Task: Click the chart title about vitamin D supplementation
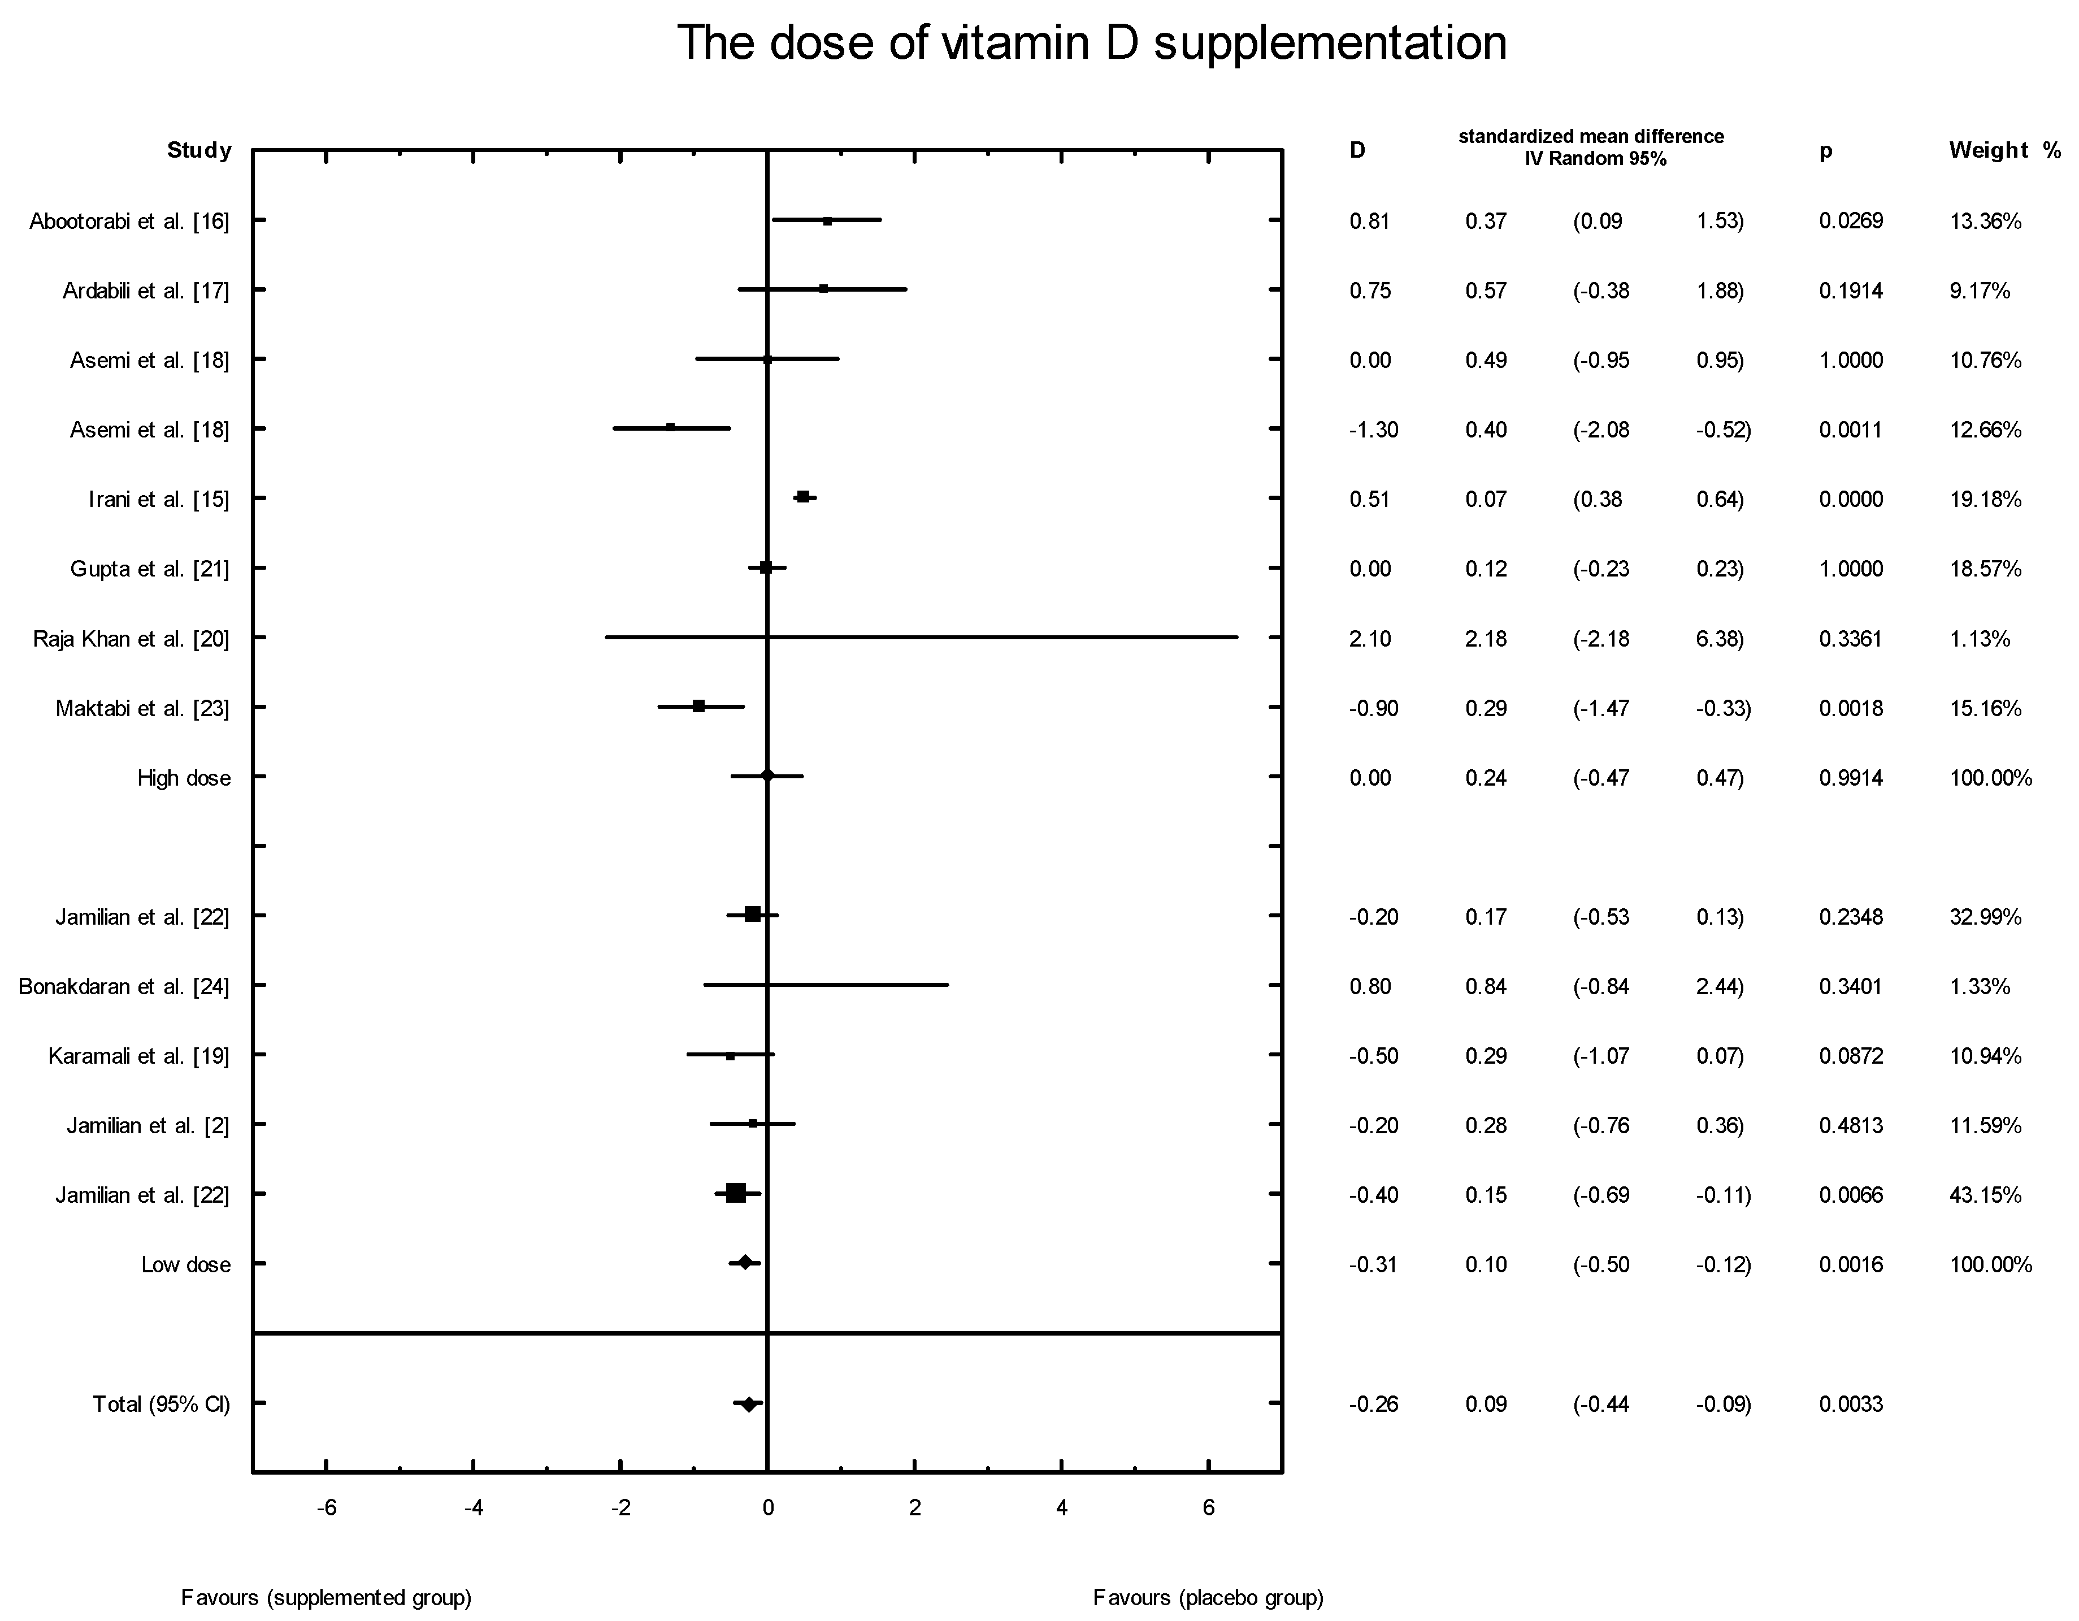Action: tap(1091, 44)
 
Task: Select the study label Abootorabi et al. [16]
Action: tap(129, 222)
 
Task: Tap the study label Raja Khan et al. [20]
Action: tap(131, 639)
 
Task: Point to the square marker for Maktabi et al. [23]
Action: tap(698, 707)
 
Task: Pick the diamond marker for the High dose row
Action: tap(768, 777)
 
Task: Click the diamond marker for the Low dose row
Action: tap(745, 1263)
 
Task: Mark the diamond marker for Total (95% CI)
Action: tap(749, 1404)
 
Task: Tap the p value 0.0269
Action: tap(1851, 222)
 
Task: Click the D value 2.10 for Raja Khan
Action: tap(1370, 639)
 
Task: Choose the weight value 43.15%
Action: tap(1985, 1195)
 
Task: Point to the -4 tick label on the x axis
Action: tap(473, 1509)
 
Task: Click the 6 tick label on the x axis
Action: tap(1208, 1509)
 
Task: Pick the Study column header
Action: tap(199, 150)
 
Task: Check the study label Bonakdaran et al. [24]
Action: tap(124, 987)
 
